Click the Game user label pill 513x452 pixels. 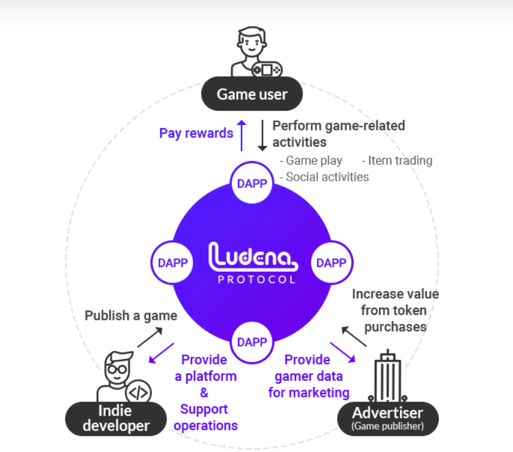click(252, 94)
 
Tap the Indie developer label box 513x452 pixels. click(116, 418)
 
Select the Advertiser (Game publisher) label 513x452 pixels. click(387, 418)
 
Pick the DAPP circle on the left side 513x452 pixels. click(173, 263)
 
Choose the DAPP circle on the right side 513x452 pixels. click(331, 263)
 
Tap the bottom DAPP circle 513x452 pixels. click(252, 342)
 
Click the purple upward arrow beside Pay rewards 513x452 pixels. click(242, 134)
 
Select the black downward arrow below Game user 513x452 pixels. click(262, 135)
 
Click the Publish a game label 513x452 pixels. click(131, 316)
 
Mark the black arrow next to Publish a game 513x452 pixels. click(149, 336)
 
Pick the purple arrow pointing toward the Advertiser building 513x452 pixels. click(343, 352)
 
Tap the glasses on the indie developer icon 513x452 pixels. click(118, 369)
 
